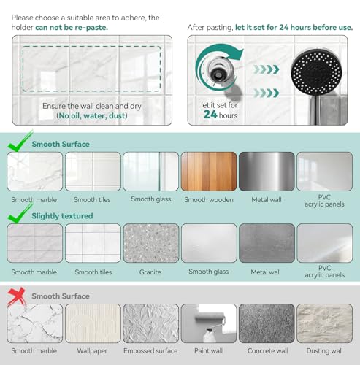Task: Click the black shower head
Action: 317,72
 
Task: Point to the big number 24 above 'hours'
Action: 210,114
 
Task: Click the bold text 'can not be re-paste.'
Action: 72,27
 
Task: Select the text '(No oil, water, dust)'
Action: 92,115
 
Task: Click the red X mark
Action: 17,296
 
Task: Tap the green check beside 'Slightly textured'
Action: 20,214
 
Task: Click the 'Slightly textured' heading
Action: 62,216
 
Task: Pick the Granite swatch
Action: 151,243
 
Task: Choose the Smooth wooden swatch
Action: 209,172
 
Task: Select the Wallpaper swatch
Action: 93,323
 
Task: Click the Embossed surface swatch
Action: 151,323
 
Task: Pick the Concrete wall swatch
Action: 267,323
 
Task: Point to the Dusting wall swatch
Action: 325,323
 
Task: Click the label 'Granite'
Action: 150,272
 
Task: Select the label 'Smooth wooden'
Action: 209,200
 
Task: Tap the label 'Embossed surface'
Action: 150,351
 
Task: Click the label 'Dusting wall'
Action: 324,351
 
